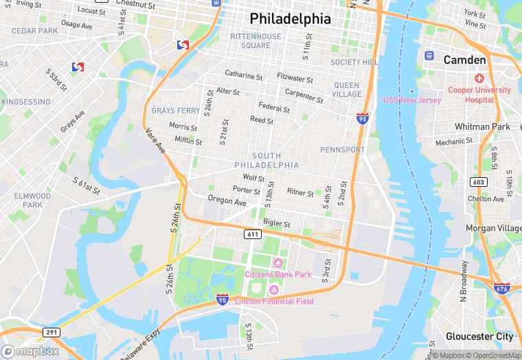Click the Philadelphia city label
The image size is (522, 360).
(290, 19)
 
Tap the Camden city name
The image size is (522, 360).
(464, 60)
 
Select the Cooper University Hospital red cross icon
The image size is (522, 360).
(479, 78)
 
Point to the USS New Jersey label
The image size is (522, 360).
(412, 100)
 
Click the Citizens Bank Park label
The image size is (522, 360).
(278, 274)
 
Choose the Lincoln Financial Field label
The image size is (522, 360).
(274, 301)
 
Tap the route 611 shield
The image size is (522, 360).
(252, 234)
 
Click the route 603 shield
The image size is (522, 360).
(478, 182)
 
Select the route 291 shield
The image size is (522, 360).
(52, 333)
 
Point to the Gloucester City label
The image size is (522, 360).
(479, 336)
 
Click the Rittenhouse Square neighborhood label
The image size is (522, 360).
(256, 41)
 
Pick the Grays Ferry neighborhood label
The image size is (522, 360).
(176, 111)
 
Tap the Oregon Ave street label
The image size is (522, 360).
(227, 201)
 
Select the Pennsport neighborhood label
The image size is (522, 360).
(343, 149)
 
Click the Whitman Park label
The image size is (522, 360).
(482, 127)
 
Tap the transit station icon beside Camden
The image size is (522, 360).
(429, 55)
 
